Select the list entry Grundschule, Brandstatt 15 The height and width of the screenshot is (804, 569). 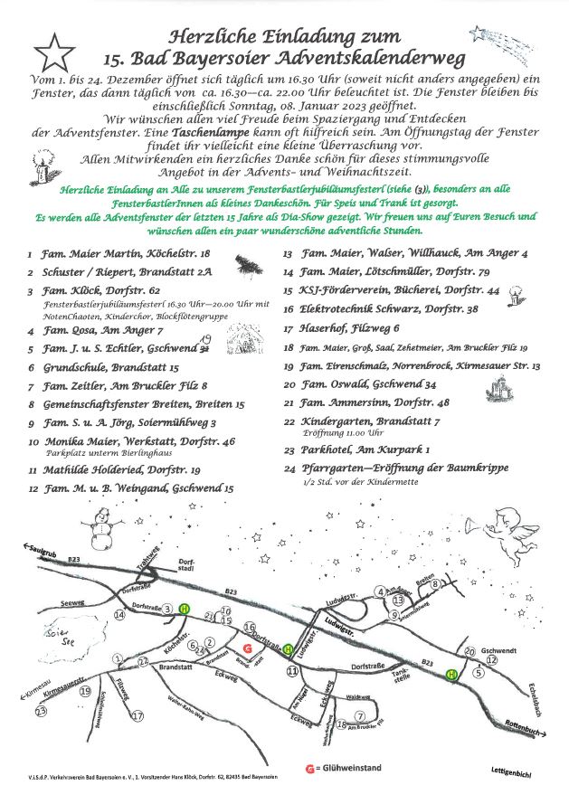point(104,367)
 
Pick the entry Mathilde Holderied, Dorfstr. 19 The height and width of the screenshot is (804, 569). point(114,470)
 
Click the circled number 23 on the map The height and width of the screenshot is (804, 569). point(40,712)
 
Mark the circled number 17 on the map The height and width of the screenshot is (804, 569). point(138,715)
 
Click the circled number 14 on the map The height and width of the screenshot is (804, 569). point(119,615)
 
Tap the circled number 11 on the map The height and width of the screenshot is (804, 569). point(292,672)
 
